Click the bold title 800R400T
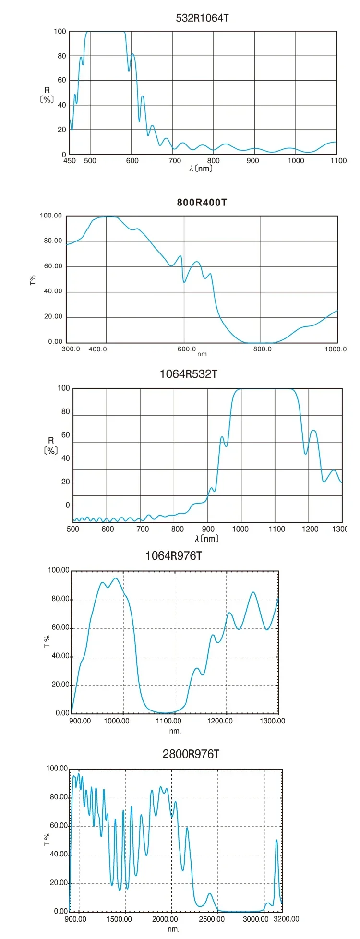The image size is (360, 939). click(202, 202)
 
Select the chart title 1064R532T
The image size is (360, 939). click(188, 374)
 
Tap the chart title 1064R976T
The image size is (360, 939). click(174, 556)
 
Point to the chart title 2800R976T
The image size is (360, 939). click(191, 754)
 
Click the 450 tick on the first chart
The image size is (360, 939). click(70, 161)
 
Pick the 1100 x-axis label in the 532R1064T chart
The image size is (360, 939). click(338, 161)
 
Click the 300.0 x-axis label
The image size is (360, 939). click(71, 349)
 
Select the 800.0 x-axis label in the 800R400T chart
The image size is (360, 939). click(263, 349)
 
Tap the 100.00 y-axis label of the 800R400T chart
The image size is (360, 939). click(51, 216)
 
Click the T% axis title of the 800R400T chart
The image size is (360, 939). click(33, 280)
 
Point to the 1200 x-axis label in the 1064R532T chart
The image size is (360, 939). click(310, 529)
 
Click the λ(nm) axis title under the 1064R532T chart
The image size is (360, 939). click(207, 539)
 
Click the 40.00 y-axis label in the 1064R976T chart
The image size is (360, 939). click(60, 656)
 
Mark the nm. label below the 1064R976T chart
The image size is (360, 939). click(175, 731)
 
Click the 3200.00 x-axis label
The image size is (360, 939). click(287, 919)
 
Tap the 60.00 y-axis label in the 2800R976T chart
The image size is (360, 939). click(59, 826)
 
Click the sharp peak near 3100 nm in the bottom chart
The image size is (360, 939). click(276, 840)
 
